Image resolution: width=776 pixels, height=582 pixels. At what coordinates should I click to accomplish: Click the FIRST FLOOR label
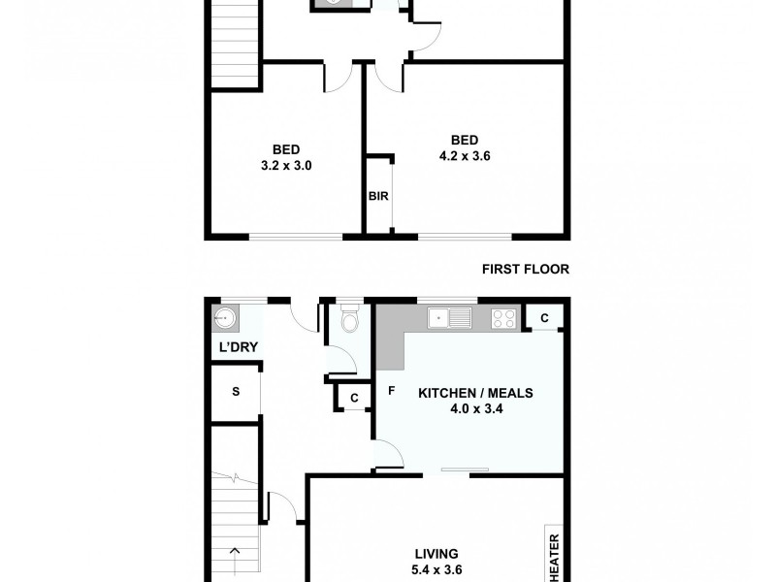(525, 270)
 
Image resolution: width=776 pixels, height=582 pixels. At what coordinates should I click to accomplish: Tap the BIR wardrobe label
(378, 196)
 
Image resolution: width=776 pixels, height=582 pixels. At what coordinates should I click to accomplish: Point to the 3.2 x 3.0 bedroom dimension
(285, 165)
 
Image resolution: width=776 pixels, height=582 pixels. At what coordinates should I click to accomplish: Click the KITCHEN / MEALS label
(475, 393)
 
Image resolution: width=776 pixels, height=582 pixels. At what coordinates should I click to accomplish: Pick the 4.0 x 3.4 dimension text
(475, 409)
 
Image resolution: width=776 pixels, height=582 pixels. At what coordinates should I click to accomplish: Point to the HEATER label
(555, 556)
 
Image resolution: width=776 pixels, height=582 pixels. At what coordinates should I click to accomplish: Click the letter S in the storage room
(235, 393)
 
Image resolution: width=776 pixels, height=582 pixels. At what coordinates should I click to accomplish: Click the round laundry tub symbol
(225, 316)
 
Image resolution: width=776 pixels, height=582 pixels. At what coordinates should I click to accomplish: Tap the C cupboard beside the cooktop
(544, 317)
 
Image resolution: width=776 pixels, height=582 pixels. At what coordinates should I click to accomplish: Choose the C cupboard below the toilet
(354, 397)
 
